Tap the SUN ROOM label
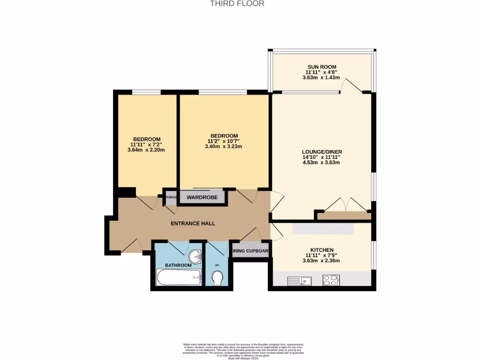pos(321,67)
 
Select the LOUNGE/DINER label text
pos(321,151)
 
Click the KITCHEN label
pos(322,250)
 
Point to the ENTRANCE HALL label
pos(193,224)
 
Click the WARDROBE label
pos(202,197)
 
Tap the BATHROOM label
pos(178,265)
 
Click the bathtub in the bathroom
pos(179,277)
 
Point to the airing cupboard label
pos(251,251)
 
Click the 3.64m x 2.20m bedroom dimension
pos(146,150)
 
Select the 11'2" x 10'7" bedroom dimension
pos(224,141)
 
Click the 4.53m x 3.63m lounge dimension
pos(321,163)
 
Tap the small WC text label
pos(217,265)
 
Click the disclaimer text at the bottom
pos(243,352)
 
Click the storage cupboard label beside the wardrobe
pos(171,197)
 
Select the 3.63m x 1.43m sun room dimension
pos(321,78)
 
